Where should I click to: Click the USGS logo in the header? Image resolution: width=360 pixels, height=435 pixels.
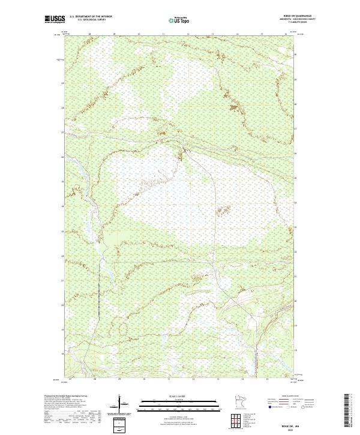point(55,19)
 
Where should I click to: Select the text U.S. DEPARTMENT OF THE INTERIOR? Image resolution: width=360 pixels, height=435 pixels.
point(91,17)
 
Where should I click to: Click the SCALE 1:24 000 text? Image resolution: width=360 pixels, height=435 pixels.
point(172,397)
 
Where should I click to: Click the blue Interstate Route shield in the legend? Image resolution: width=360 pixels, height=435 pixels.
point(270,407)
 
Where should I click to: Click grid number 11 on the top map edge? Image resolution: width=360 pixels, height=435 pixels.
point(163,35)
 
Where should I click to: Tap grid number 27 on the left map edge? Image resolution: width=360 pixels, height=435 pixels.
point(62,132)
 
